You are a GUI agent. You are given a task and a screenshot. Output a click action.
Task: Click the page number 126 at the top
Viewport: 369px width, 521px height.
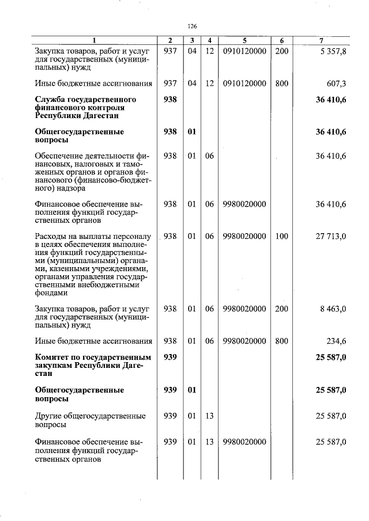(193, 26)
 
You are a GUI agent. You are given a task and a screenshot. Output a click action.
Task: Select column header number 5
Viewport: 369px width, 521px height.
(244, 40)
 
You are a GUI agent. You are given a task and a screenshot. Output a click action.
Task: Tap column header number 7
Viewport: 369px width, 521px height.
(321, 40)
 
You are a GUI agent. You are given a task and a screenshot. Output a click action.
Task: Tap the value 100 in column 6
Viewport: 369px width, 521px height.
(281, 236)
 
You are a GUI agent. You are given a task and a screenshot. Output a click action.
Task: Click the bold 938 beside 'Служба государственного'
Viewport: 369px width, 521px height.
(170, 100)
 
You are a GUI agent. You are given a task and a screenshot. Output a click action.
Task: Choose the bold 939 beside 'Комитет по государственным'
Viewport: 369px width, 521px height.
(170, 358)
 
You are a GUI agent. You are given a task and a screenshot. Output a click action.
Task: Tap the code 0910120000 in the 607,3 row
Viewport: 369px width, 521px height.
(244, 83)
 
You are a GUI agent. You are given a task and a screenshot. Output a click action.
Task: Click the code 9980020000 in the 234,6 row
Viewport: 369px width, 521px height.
(244, 341)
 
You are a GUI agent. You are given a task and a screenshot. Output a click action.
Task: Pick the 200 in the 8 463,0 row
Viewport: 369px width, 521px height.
(281, 309)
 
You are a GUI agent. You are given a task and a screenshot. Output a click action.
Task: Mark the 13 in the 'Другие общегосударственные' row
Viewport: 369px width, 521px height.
(209, 416)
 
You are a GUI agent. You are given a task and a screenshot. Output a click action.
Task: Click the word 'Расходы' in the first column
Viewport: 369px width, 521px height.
(51, 236)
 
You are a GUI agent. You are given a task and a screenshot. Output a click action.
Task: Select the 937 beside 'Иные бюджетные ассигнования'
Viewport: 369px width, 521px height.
(170, 83)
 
